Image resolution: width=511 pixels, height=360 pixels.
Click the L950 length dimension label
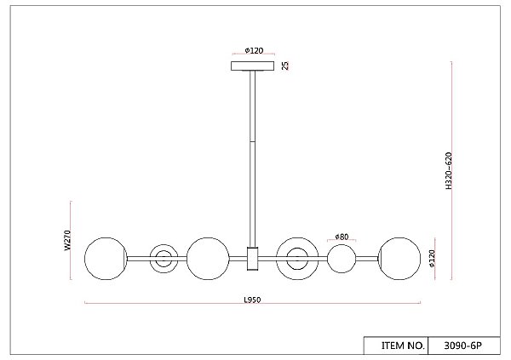tap(253, 300)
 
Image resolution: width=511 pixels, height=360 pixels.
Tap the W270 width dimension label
tap(67, 241)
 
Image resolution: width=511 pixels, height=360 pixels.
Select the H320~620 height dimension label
tap(449, 170)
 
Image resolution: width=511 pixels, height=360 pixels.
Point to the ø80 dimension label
tap(342, 237)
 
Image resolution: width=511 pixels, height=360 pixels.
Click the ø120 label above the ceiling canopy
tap(254, 50)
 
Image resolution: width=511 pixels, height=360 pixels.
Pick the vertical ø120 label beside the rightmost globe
tap(432, 259)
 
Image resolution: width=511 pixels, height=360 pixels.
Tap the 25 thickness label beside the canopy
tap(285, 66)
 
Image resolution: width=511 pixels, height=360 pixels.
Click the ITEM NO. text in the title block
tap(403, 346)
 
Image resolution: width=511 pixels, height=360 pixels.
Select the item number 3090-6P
tap(462, 346)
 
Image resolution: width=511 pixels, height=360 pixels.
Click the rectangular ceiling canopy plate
tap(253, 66)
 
